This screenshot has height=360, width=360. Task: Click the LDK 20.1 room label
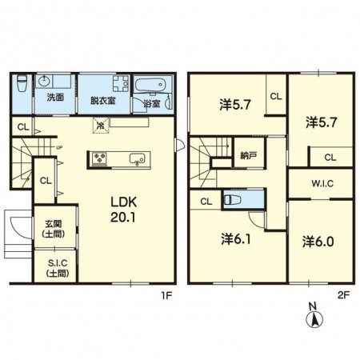(123, 210)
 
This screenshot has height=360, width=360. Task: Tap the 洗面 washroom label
(55, 98)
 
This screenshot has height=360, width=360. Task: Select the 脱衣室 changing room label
(102, 101)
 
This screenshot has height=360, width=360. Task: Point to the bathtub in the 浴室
(150, 85)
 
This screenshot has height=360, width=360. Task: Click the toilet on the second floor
(233, 199)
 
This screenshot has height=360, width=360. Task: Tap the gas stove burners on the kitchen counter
(99, 158)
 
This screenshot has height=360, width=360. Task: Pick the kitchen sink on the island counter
(137, 158)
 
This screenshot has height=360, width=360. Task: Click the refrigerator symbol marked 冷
(101, 125)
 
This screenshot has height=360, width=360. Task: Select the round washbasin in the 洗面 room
(43, 81)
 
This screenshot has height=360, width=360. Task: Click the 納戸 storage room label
(248, 155)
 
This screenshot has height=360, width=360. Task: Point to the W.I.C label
(322, 183)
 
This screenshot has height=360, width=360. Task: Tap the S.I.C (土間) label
(58, 268)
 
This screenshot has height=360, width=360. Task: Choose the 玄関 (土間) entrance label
(54, 229)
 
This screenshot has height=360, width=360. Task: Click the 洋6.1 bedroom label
(235, 239)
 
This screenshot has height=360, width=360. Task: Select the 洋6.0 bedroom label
(318, 242)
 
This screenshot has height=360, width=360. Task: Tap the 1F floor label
(166, 295)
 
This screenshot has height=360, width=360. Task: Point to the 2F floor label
(343, 295)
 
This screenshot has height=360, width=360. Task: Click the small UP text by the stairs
(59, 147)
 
